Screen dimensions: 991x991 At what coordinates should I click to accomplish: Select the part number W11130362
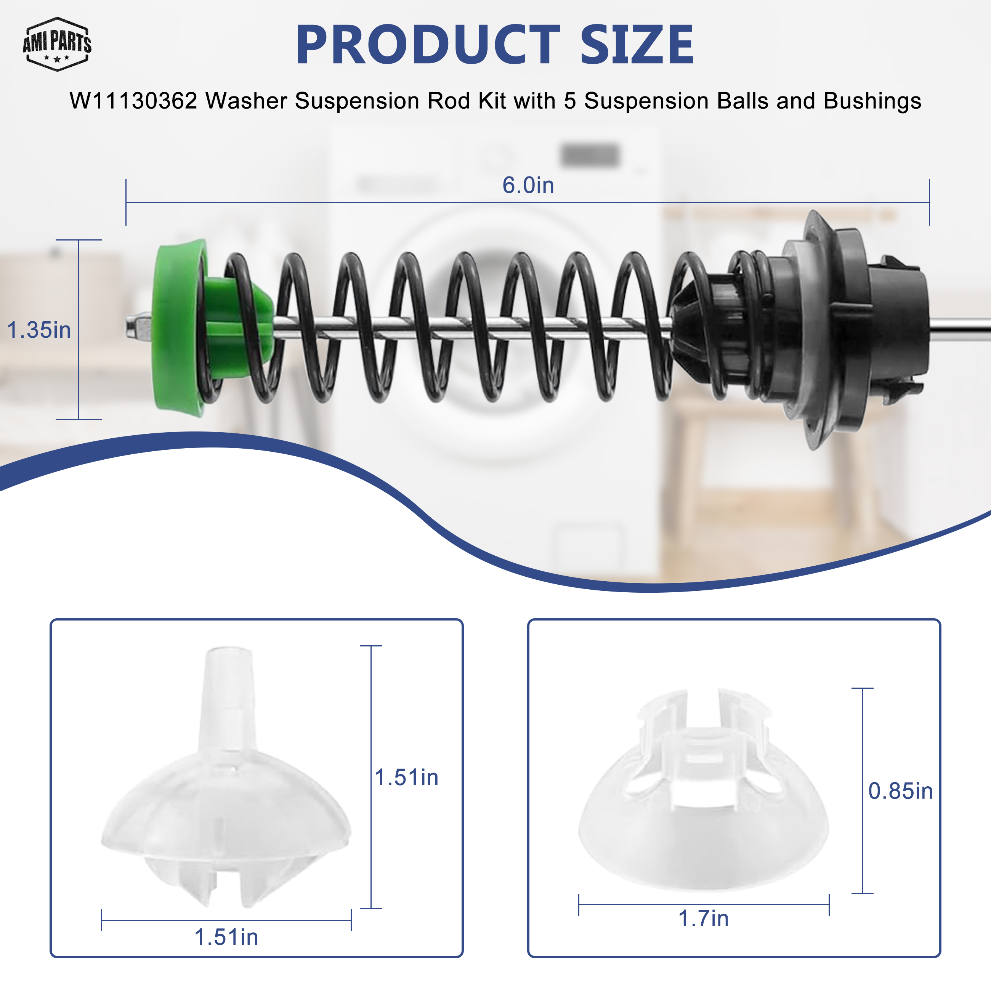point(133,101)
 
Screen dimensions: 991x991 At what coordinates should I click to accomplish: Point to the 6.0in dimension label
point(528,185)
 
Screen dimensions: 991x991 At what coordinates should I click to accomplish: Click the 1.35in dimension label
point(39,330)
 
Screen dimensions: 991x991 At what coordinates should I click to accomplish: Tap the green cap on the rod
point(210,328)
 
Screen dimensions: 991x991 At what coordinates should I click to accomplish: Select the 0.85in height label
point(900,791)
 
